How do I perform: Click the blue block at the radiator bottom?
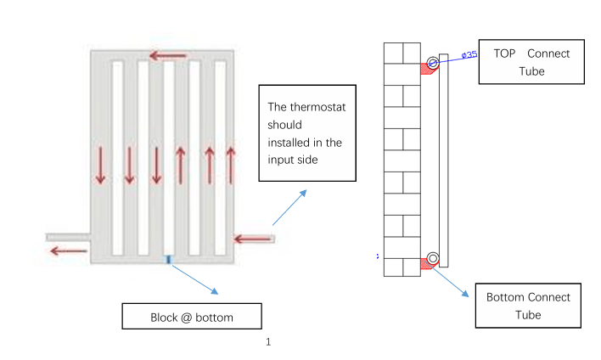(169, 260)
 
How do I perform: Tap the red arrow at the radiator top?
(168, 56)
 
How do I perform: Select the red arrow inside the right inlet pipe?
(253, 239)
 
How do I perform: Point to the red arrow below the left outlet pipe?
(69, 251)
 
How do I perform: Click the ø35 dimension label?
(469, 55)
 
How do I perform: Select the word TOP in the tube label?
(504, 53)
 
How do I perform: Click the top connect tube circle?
(433, 63)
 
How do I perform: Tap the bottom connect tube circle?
(433, 258)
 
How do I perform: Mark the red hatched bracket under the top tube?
(426, 70)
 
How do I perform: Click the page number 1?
(268, 341)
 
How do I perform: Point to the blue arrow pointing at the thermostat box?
(289, 207)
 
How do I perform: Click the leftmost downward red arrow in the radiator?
(100, 166)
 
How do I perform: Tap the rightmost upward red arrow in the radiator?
(230, 166)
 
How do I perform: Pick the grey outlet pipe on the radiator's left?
(68, 238)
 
